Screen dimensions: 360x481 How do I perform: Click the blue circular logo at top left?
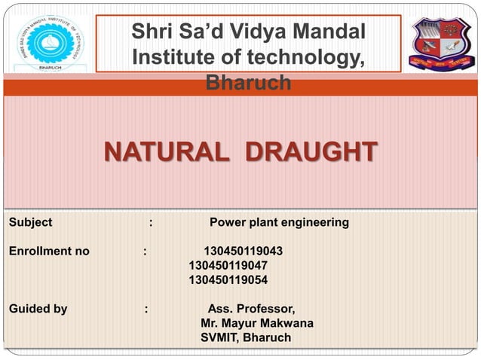pos(54,42)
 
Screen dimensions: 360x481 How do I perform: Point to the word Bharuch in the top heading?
pos(248,83)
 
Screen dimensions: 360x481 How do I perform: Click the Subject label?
pos(30,223)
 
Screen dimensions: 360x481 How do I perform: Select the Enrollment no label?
pos(48,251)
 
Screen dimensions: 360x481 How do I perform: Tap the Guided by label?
pos(38,308)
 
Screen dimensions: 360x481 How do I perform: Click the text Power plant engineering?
pos(279,223)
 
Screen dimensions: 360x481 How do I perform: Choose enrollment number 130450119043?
pos(244,251)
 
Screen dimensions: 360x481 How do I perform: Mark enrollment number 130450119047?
pos(228,265)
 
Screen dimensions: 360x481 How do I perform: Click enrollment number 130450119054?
pos(228,280)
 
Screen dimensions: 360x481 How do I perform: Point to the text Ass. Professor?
pos(251,308)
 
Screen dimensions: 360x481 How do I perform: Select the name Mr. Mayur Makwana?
pos(257,323)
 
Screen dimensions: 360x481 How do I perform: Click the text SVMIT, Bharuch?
pos(245,337)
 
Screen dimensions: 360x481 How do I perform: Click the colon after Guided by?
pos(146,308)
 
